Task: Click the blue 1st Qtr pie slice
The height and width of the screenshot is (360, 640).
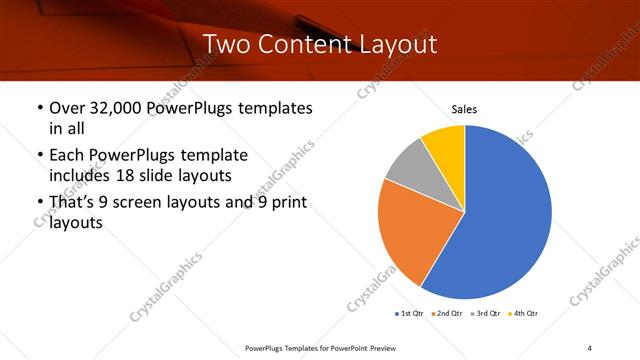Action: (x=505, y=220)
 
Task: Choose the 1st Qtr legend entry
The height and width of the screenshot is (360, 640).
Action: (x=410, y=314)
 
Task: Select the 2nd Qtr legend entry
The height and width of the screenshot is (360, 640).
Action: (x=449, y=314)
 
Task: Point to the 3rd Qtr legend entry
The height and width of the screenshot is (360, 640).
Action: (x=487, y=314)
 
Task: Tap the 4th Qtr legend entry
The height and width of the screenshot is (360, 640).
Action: (x=525, y=314)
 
